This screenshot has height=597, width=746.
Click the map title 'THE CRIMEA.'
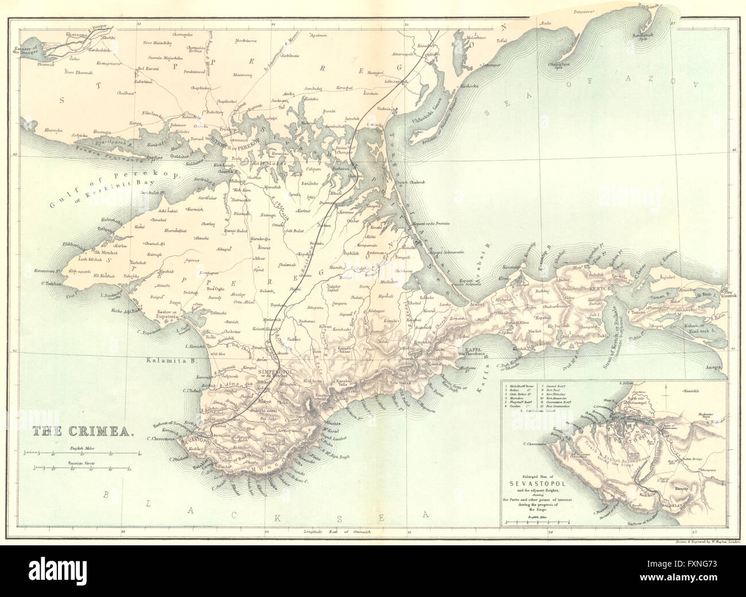tap(84, 432)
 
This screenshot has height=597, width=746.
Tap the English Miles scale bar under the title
tap(80, 453)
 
